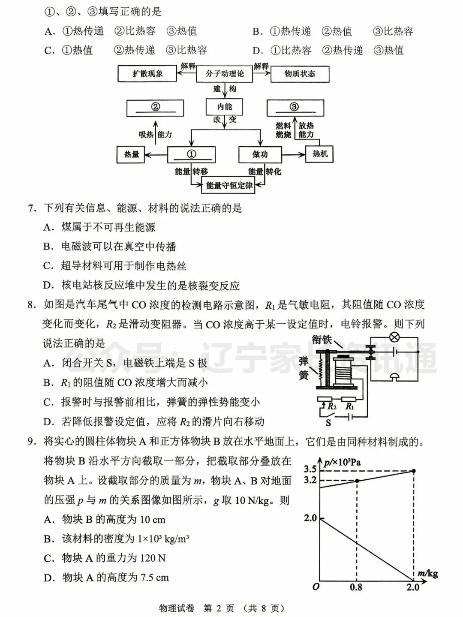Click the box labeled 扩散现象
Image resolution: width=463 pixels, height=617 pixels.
point(147,74)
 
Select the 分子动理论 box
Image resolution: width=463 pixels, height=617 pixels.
point(224,74)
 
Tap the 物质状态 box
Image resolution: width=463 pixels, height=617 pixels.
point(300,74)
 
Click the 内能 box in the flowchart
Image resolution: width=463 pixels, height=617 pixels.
point(224,107)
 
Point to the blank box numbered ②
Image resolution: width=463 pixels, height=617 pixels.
point(155,107)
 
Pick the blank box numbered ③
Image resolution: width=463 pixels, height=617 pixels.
point(295,107)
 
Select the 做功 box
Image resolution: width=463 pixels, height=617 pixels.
point(260,154)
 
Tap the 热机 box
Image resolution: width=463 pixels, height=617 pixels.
point(319,154)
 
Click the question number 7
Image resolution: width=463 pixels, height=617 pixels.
point(31,208)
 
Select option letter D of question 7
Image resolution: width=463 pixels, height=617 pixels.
point(48,286)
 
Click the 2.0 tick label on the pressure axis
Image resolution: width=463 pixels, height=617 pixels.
point(310,518)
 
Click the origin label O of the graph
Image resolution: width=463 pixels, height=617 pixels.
point(316,587)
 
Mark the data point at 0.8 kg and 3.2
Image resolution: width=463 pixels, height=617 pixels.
point(357,481)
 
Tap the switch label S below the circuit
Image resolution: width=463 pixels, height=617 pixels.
point(328,423)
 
